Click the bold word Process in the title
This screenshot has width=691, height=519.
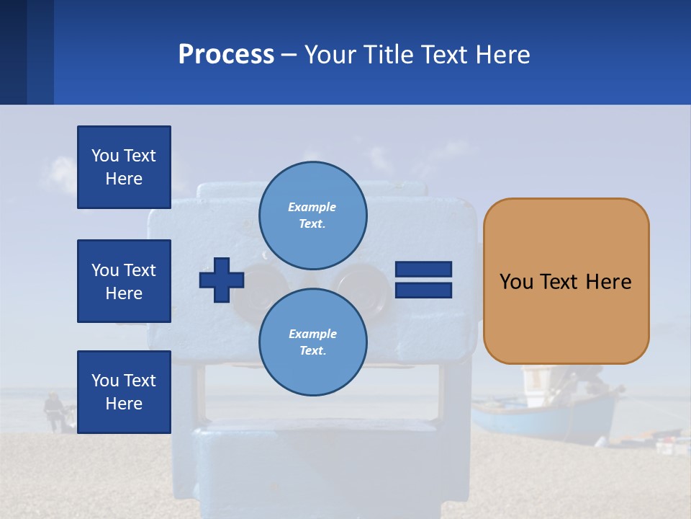point(226,55)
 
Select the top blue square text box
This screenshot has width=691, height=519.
point(124,167)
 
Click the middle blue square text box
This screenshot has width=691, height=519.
point(124,281)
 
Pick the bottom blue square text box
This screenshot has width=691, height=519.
point(124,392)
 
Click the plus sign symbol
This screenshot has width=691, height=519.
point(222,280)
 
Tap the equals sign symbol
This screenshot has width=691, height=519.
point(424,280)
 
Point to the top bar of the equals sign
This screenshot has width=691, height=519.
point(424,270)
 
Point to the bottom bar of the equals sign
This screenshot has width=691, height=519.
point(424,290)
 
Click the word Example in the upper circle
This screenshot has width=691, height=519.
point(312,207)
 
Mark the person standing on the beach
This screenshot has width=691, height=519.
point(52,411)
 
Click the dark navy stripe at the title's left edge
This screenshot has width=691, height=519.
point(13,52)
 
